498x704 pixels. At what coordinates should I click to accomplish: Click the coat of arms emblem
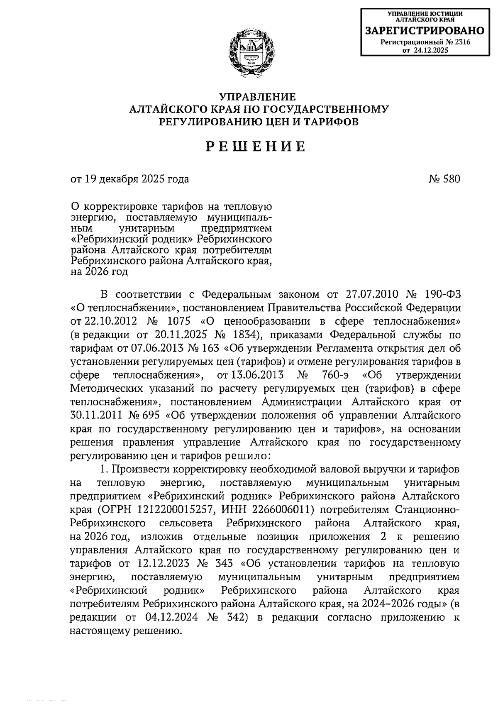[251, 51]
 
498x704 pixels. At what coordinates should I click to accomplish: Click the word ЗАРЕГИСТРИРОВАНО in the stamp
[424, 31]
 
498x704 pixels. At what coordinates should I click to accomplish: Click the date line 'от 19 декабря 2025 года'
[130, 179]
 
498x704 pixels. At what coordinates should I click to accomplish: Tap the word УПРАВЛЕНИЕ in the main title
[258, 97]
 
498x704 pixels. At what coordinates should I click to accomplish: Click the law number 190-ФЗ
[437, 294]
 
